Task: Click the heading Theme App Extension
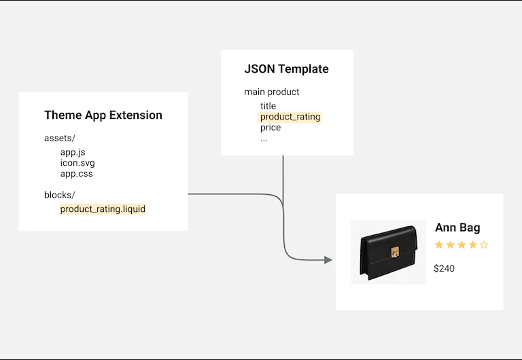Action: tap(103, 115)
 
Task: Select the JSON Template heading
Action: tap(286, 69)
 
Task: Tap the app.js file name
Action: tap(73, 152)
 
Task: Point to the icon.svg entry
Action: tap(77, 163)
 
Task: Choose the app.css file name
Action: tap(76, 174)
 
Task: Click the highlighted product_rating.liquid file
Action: tap(103, 209)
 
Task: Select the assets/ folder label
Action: tap(59, 138)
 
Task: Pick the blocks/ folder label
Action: tap(59, 195)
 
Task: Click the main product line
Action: tap(272, 92)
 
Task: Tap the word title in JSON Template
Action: tap(268, 106)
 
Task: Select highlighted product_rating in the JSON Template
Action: tap(290, 117)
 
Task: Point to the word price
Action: tap(270, 128)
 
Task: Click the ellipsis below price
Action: tap(264, 139)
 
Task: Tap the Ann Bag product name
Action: tap(457, 228)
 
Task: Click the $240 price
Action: tap(444, 268)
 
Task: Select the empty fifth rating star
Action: tap(484, 245)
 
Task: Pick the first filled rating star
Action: tap(439, 245)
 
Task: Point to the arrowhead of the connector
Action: tap(328, 259)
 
